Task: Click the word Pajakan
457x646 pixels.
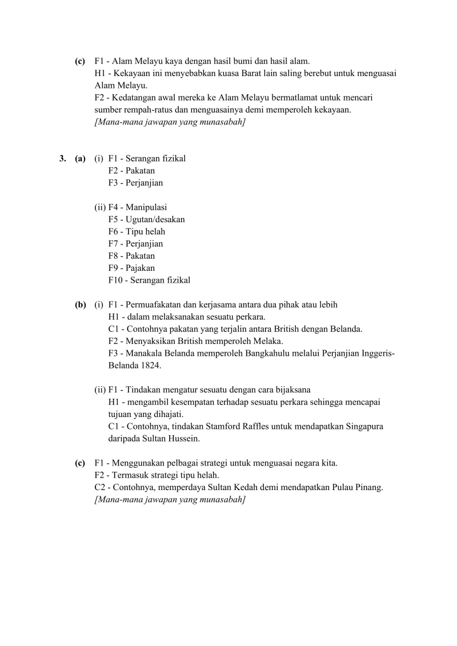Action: pos(140,268)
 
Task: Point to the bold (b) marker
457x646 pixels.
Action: pos(80,305)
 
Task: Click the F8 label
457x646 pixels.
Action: pos(113,256)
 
